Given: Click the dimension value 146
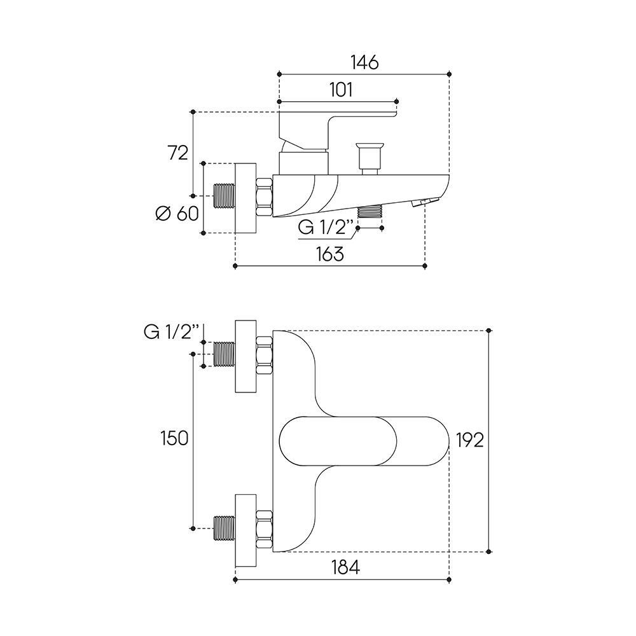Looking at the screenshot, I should tap(364, 62).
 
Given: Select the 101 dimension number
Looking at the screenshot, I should tap(341, 90).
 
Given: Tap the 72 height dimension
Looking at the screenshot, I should tap(177, 153).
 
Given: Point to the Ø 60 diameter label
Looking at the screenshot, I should tap(176, 214).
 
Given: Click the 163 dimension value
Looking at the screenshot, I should tap(330, 254).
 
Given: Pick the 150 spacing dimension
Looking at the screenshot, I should tap(174, 438).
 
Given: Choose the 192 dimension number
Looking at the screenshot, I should tap(470, 439).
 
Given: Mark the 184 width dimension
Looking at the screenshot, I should tap(345, 567).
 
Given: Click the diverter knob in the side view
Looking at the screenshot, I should tap(369, 155).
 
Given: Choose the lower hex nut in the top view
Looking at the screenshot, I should tap(265, 528).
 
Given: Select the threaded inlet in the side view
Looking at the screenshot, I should tap(225, 197).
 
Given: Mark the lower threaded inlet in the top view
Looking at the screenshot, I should tap(225, 528).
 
